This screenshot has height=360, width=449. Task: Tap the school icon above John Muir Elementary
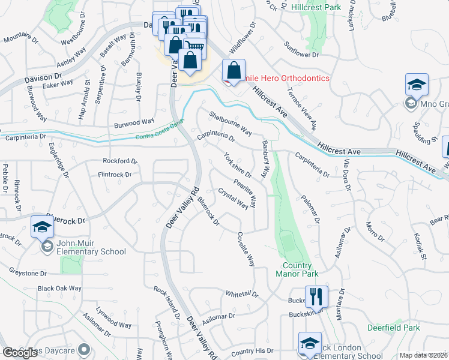pos(42,227)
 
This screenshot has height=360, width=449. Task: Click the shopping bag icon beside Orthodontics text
pos(233,70)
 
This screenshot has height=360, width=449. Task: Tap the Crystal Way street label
pos(233,199)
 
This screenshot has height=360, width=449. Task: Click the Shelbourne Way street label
pos(230,122)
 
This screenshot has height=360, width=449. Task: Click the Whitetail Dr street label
pos(241,295)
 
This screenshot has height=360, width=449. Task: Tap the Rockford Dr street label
pos(120,161)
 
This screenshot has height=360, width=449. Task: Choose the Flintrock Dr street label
pos(115,175)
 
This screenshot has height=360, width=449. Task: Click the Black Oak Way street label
pos(59,288)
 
